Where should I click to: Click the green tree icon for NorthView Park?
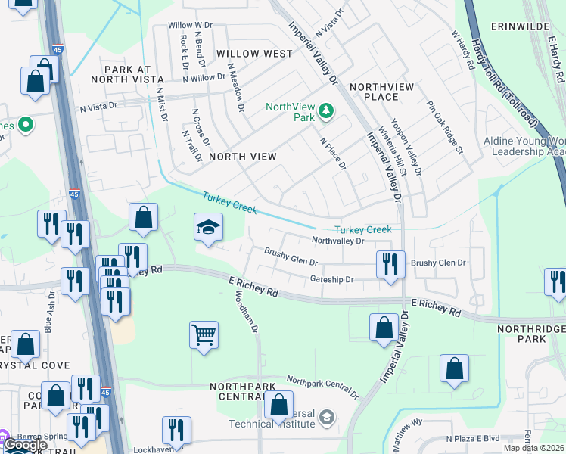(326, 112)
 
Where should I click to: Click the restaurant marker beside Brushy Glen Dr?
(390, 265)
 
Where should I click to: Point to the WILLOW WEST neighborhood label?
(254, 54)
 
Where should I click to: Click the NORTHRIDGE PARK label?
(531, 334)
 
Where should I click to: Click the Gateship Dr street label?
(332, 279)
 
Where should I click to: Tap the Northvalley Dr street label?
(338, 241)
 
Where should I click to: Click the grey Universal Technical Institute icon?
(326, 417)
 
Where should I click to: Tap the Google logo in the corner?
(25, 446)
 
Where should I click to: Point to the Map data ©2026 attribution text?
(534, 448)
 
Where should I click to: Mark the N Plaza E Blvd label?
(474, 438)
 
